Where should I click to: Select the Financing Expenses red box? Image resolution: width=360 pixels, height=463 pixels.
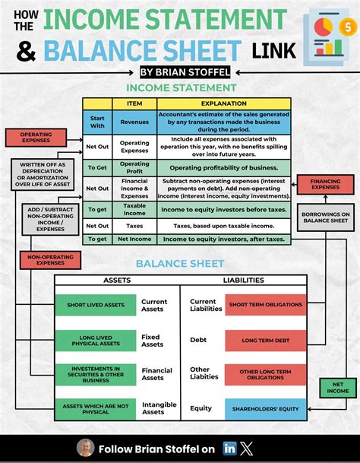pos(326,183)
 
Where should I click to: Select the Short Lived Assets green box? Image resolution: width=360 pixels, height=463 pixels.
pos(95,305)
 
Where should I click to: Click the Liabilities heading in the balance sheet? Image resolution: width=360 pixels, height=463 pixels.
pos(244,281)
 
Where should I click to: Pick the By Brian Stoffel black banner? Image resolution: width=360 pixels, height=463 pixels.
pos(180,72)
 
